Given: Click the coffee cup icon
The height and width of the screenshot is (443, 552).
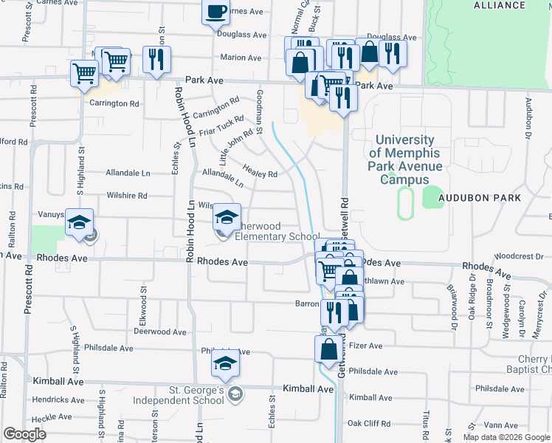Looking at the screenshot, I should point(216,13).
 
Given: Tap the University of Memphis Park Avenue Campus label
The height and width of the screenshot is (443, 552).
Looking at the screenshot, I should point(408,159).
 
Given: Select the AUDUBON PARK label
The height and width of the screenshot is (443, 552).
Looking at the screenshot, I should point(480,198).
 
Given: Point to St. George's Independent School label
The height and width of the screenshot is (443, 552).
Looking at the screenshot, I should point(176,395).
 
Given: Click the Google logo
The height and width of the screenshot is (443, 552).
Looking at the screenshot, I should point(24,434).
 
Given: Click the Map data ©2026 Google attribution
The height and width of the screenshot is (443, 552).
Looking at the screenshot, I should point(506,437).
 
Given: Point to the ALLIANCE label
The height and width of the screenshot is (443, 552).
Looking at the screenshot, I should point(500,5).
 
